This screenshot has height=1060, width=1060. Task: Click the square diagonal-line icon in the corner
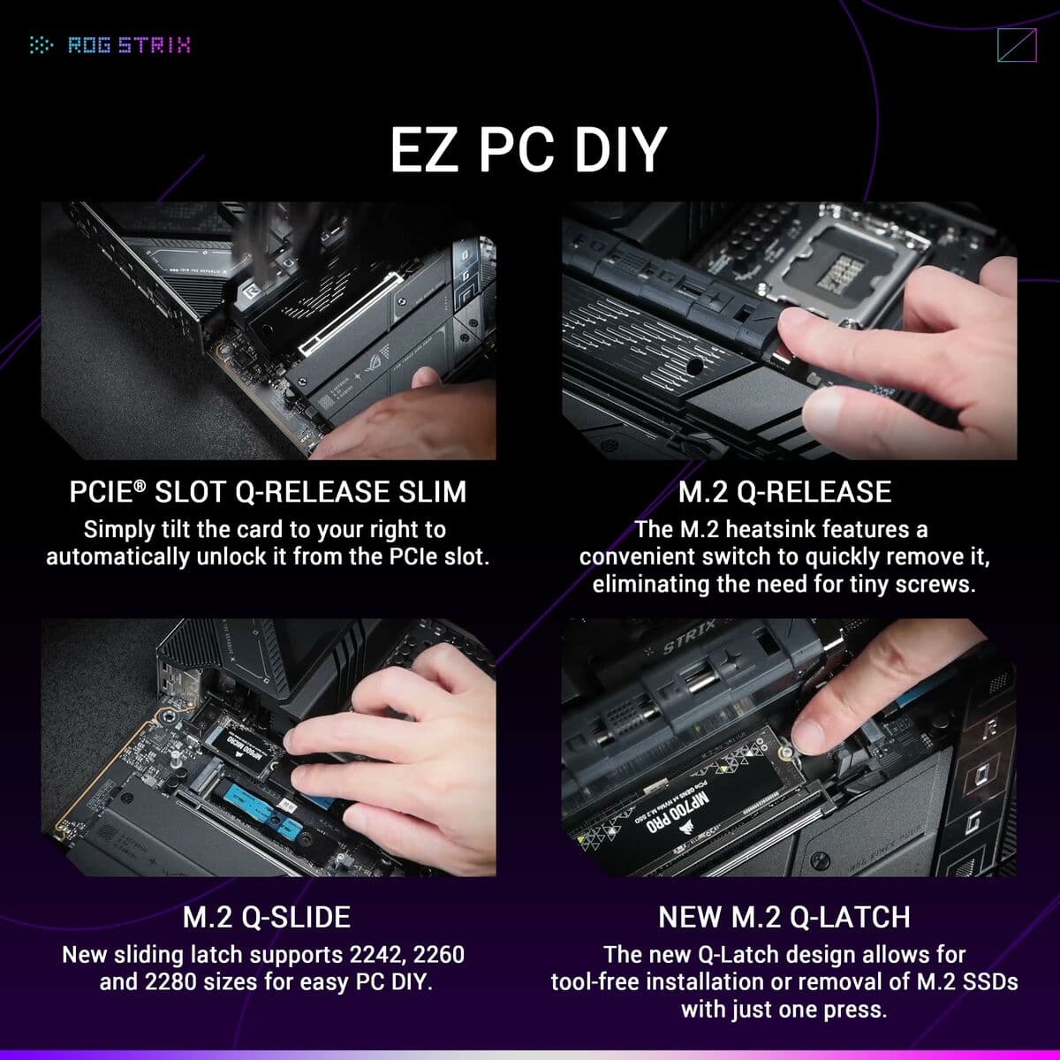[1016, 45]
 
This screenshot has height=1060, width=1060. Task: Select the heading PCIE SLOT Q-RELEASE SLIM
[268, 491]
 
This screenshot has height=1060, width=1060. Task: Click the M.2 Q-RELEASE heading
[784, 491]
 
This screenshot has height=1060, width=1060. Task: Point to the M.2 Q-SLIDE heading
[266, 917]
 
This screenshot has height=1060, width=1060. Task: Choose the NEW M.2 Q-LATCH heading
[784, 917]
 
